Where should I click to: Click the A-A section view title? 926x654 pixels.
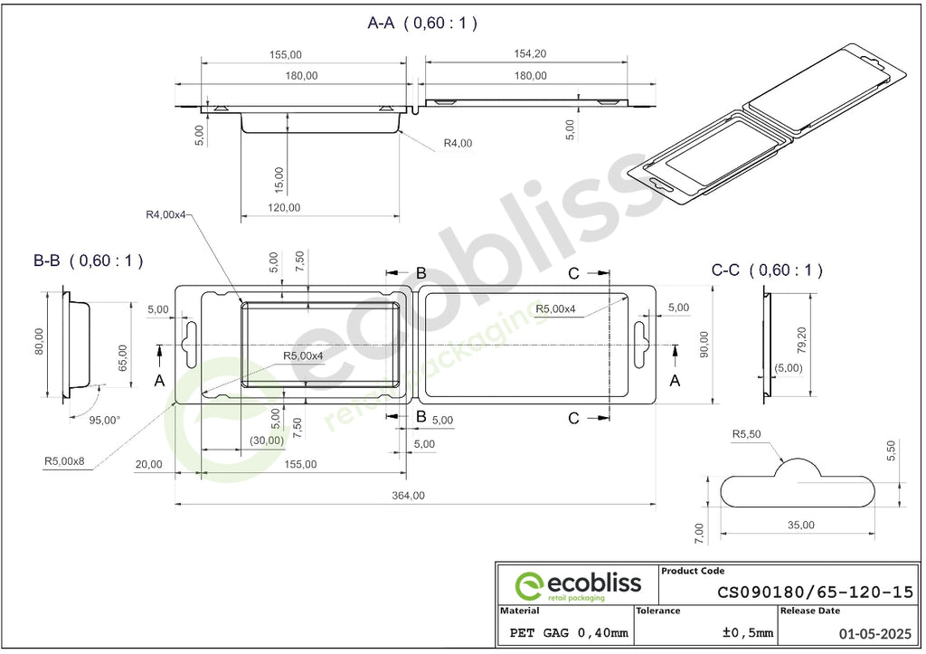pos(422,23)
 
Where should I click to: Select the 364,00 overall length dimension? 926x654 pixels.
pos(408,495)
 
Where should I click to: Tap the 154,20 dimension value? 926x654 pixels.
pos(530,53)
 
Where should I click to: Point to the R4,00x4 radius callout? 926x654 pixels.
pos(165,214)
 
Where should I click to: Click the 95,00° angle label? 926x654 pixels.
pos(104,420)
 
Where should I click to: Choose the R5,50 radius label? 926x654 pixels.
pos(746,434)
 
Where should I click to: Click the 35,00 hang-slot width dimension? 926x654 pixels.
pos(801,525)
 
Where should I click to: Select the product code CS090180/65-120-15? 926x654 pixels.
pos(815,592)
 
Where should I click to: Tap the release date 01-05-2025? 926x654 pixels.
pos(875,634)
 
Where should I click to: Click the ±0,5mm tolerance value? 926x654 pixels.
pos(748,632)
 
